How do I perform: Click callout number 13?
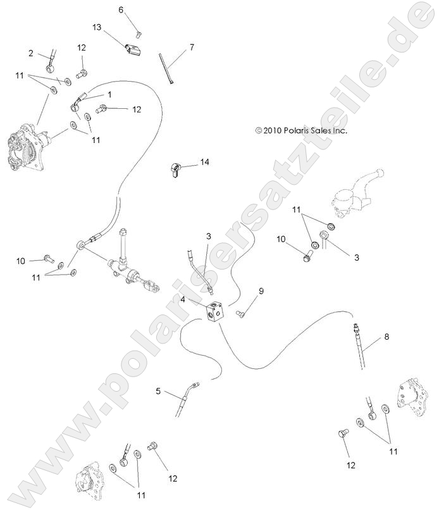96,27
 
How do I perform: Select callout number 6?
121,9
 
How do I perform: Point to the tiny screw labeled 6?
140,26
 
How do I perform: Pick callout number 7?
191,47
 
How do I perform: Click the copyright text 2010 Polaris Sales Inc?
302,130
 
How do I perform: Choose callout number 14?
204,162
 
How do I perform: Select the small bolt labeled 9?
240,313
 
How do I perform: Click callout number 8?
386,337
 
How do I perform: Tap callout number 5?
158,391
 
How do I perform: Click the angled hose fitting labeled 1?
80,102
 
